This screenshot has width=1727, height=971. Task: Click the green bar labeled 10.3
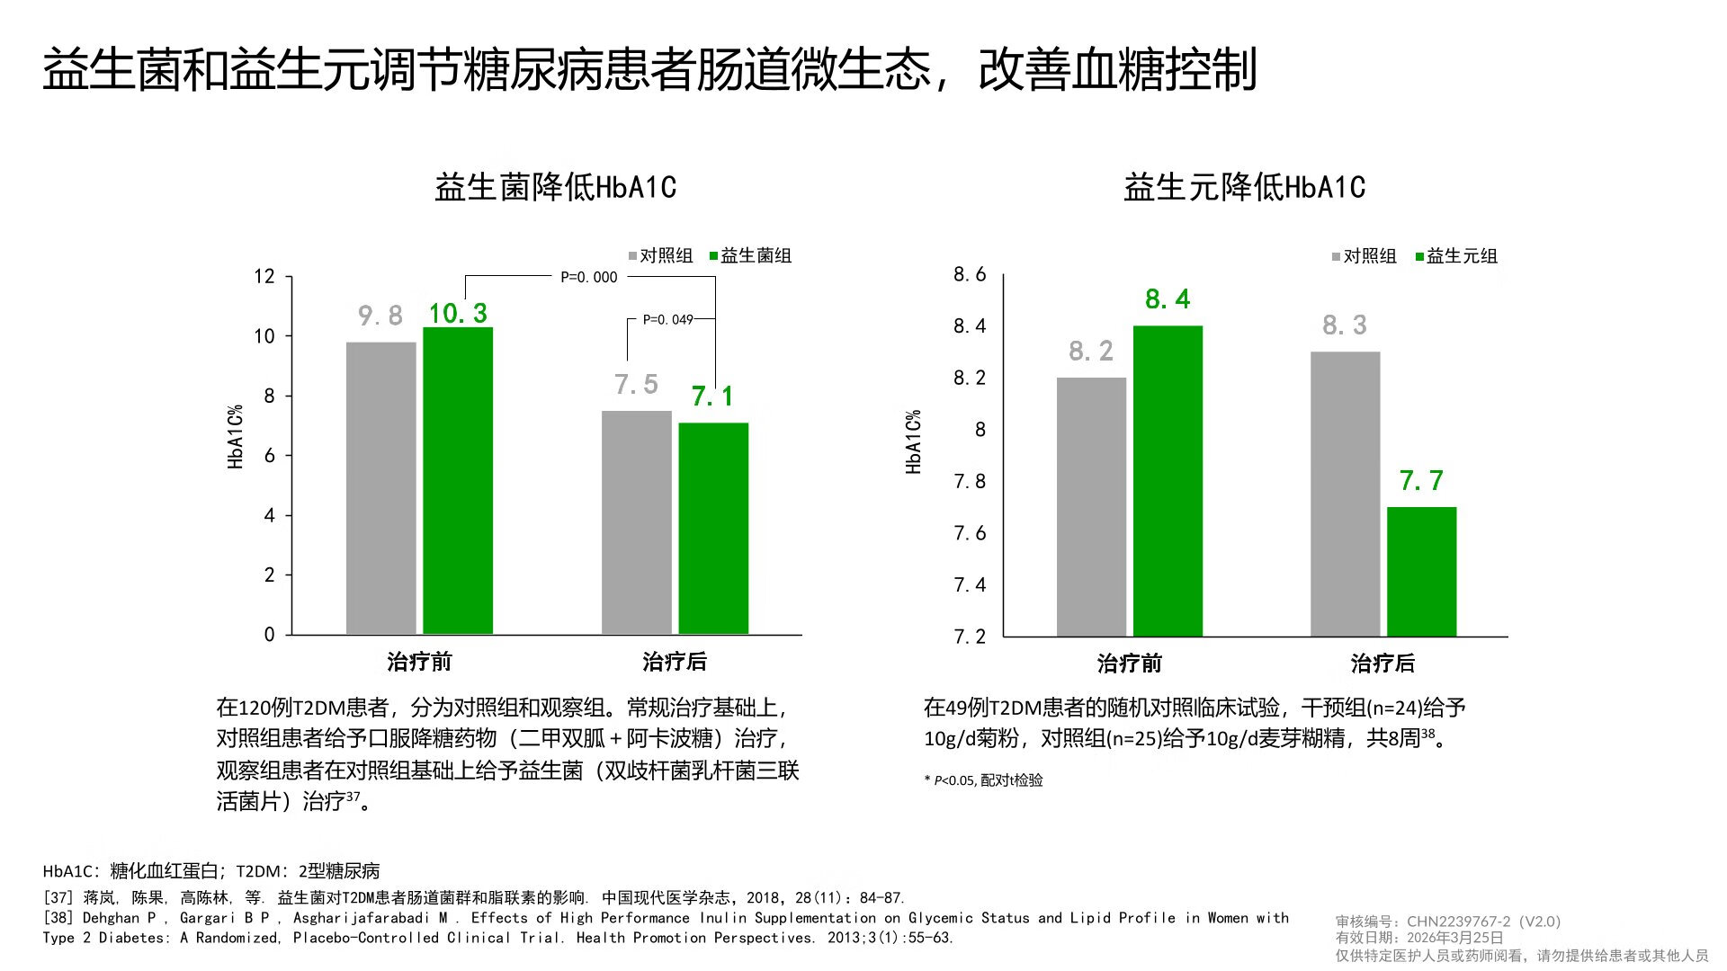pyautogui.click(x=458, y=481)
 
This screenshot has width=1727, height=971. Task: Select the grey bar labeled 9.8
pyautogui.click(x=380, y=488)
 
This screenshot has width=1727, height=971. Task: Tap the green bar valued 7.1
pyautogui.click(x=713, y=529)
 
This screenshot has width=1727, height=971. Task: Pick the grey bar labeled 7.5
pyautogui.click(x=636, y=522)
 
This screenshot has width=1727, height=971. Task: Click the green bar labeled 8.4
pyautogui.click(x=1168, y=481)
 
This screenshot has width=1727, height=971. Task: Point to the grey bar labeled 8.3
pyautogui.click(x=1345, y=494)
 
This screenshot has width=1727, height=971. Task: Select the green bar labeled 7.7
pyautogui.click(x=1421, y=572)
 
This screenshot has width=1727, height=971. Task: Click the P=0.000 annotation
pyautogui.click(x=589, y=277)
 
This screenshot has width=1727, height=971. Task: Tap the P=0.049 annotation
pyautogui.click(x=667, y=319)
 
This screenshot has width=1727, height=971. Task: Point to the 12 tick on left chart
pyautogui.click(x=264, y=276)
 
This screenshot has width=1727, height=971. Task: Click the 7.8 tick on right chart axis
pyautogui.click(x=970, y=481)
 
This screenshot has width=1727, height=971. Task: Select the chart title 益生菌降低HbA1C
pyautogui.click(x=555, y=187)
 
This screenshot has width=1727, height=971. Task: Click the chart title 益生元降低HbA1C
pyautogui.click(x=1244, y=187)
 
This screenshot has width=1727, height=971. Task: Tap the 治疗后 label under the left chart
pyautogui.click(x=675, y=662)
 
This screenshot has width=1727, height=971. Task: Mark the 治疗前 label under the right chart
pyautogui.click(x=1130, y=664)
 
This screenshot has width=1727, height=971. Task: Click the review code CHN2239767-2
pyautogui.click(x=1458, y=922)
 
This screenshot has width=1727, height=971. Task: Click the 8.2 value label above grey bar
pyautogui.click(x=1091, y=351)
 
